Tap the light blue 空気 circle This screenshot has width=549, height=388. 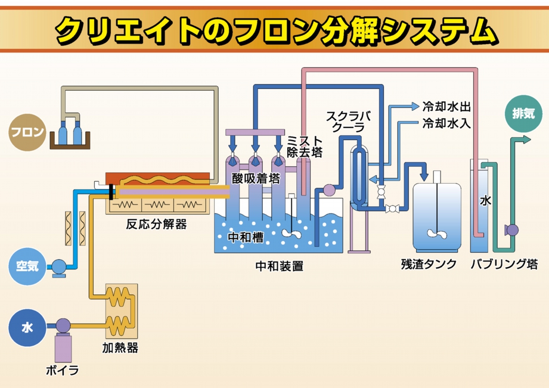(27, 266)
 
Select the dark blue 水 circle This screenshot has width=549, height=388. (27, 328)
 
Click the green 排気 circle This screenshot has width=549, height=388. (523, 113)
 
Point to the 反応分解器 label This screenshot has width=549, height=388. (157, 225)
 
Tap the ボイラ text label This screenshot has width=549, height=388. (63, 370)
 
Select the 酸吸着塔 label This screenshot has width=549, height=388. (256, 178)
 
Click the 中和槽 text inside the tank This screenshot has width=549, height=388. (246, 237)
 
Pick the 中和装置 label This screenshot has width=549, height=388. (279, 266)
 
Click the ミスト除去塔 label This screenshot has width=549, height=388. (305, 147)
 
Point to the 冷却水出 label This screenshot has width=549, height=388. (446, 107)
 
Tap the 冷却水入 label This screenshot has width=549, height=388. (446, 123)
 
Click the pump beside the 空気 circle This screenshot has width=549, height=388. (58, 266)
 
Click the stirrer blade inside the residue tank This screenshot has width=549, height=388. (437, 234)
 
